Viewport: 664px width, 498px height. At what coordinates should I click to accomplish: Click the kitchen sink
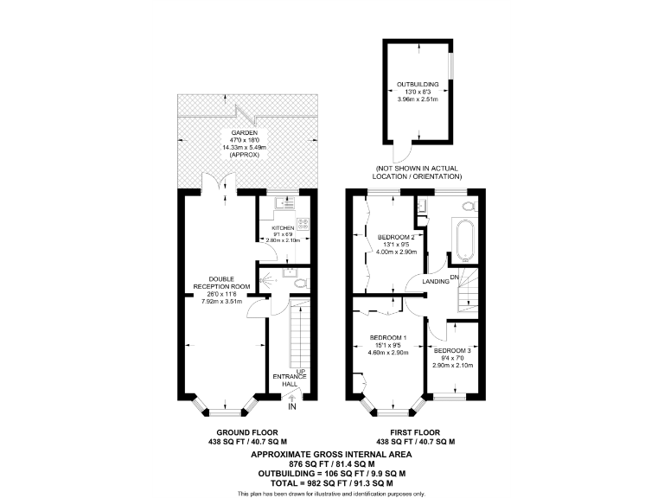[x=283, y=203]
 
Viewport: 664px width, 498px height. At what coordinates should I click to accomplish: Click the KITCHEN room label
[x=283, y=227]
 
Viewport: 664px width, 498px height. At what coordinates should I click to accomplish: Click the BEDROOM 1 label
[x=387, y=337]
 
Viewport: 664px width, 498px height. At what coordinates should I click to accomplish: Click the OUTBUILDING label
[x=418, y=84]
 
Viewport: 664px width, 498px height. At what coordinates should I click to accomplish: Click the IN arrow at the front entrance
[x=292, y=399]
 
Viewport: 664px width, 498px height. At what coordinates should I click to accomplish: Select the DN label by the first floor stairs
[x=465, y=278]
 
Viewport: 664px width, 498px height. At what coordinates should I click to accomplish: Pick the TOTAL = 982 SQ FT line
[x=331, y=483]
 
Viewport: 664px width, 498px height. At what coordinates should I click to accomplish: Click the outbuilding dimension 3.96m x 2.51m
[x=418, y=100]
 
